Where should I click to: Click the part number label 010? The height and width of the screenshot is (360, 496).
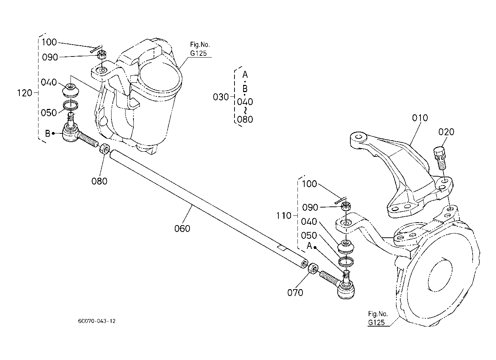tap(420, 118)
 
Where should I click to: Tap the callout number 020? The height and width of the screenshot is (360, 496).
tap(446, 132)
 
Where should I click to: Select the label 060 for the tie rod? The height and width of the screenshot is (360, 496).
tap(182, 228)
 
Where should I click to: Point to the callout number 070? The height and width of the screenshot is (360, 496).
tap(295, 292)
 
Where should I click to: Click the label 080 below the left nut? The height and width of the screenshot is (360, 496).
tap(99, 181)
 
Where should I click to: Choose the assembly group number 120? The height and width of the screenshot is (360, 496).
tap(24, 93)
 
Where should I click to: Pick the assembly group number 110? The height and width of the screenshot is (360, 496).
tap(284, 216)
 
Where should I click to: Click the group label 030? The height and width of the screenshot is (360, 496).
tap(221, 97)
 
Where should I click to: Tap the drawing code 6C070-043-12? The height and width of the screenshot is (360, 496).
tap(96, 321)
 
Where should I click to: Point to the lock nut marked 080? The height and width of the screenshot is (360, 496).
tap(105, 148)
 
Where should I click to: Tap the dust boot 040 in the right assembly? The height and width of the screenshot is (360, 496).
tap(346, 247)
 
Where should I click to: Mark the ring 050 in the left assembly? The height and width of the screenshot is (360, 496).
tap(70, 105)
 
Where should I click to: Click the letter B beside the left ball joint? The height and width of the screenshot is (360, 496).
tap(47, 134)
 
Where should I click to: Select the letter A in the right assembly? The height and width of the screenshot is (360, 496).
tap(309, 246)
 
